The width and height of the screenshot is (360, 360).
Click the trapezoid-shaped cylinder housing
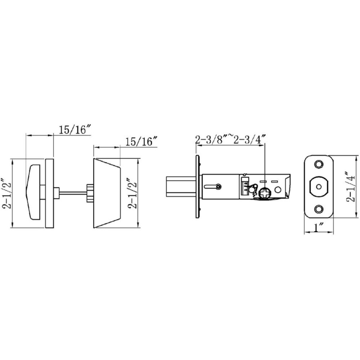[x=106, y=193]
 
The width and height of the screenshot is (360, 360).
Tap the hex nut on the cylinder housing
[x=90, y=193]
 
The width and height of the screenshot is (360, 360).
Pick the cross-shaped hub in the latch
[x=264, y=193]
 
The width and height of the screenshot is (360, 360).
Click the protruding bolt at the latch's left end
[x=179, y=187]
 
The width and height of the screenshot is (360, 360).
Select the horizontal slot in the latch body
[x=211, y=187]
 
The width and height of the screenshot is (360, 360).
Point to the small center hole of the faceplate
[x=319, y=187]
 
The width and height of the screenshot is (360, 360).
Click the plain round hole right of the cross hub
[x=278, y=190]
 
